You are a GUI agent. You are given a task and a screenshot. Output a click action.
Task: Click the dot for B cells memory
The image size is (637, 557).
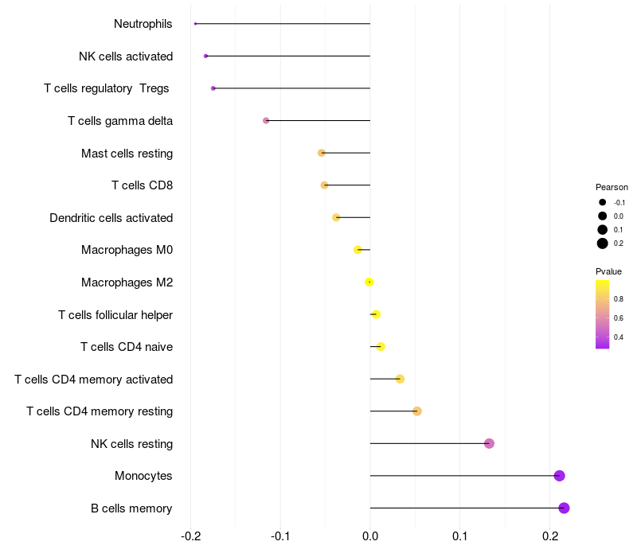coord(564,508)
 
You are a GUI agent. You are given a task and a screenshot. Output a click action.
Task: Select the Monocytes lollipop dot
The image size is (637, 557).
coord(559,476)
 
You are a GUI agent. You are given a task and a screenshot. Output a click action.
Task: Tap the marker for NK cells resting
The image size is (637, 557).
coord(489,443)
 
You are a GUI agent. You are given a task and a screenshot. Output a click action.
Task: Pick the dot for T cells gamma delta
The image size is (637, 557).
coord(266,121)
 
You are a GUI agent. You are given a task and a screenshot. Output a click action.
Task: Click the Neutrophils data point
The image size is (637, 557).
coord(195,24)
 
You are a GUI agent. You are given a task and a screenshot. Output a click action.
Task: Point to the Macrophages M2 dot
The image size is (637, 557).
coord(369,282)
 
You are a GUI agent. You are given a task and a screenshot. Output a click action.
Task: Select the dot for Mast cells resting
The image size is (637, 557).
coord(322,153)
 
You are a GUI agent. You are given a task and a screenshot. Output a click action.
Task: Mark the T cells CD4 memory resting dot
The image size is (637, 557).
coord(416,411)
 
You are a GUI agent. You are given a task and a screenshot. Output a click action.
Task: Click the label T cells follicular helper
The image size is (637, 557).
coord(115,315)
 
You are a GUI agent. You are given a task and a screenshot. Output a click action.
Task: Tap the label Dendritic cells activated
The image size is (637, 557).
coord(111,218)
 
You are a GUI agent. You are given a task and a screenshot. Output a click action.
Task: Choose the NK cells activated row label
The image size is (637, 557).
coord(126,56)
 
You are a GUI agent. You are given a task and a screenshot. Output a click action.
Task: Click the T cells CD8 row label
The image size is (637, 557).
coord(142,185)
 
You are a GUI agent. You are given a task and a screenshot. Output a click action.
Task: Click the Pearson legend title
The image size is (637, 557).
coord(612,188)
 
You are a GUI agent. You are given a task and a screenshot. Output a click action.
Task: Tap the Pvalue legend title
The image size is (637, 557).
coord(608,271)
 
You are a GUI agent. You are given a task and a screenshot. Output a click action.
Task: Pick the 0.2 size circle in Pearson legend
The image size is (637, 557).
coord(603,243)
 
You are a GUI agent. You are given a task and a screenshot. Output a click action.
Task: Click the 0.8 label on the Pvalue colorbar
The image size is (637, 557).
coord(619,299)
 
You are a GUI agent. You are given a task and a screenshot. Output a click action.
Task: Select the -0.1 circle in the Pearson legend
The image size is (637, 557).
coord(603,203)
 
